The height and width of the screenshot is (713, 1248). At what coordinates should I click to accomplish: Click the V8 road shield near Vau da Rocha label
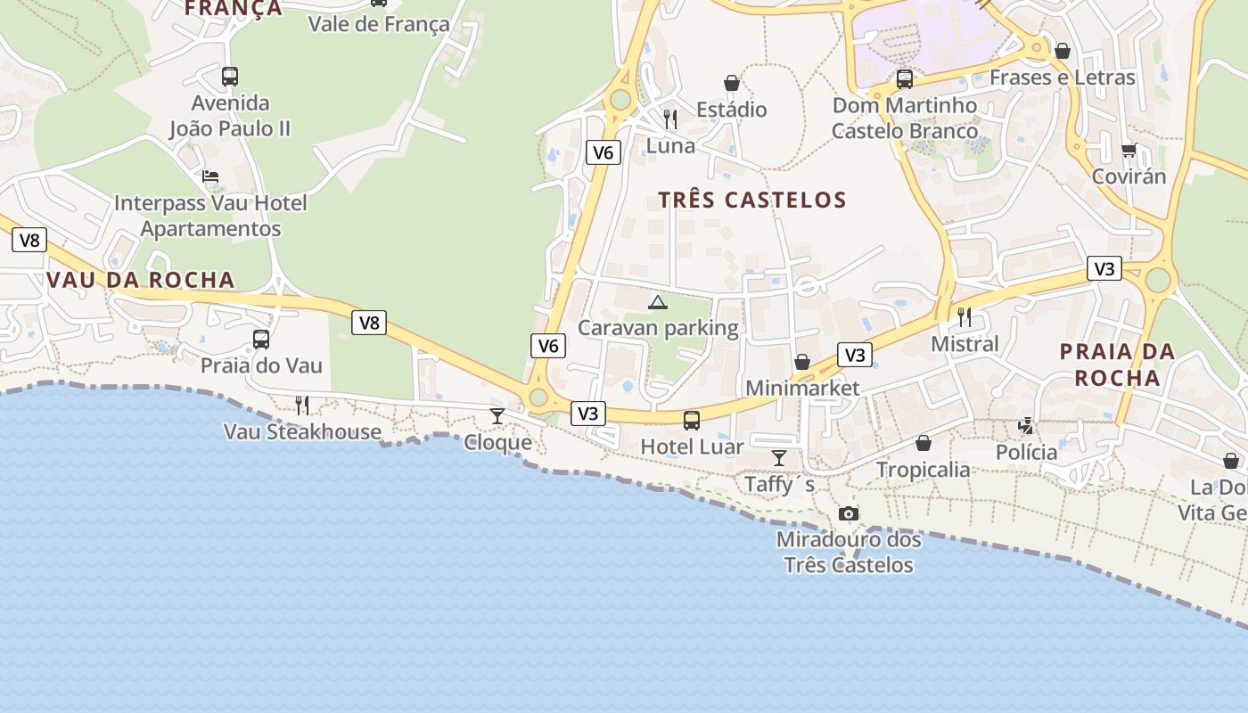29,240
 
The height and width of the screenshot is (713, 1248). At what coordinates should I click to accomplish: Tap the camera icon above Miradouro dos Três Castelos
849,513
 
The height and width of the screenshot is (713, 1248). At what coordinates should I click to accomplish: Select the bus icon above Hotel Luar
692,420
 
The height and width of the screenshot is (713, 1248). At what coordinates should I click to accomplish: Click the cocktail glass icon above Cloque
497,415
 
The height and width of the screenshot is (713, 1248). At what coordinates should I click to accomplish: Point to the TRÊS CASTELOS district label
752,200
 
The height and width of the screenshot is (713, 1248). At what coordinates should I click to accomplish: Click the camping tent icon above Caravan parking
658,302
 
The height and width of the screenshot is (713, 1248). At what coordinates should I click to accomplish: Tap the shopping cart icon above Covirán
1129,151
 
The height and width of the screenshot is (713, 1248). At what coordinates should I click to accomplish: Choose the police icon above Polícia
1027,426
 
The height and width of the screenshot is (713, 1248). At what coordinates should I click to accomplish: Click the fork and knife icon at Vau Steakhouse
302,406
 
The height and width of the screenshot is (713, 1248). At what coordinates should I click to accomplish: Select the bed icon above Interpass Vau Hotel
210,176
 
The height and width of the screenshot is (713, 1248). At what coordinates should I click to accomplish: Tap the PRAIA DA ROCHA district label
1117,365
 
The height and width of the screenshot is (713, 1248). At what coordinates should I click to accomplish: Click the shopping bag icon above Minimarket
802,362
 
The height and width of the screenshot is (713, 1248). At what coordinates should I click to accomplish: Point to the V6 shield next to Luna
603,152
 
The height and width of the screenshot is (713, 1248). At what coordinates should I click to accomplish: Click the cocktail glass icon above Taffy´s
779,458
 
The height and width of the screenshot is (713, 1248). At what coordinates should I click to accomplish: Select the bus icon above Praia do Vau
261,340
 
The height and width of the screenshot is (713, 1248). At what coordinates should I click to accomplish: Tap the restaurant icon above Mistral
964,316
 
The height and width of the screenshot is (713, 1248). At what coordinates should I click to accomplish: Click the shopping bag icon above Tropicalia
924,443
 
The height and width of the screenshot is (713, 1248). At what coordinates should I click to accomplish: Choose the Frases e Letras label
1063,78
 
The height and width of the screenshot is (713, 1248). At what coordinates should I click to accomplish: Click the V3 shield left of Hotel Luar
587,413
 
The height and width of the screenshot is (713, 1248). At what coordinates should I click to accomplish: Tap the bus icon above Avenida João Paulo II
230,76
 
